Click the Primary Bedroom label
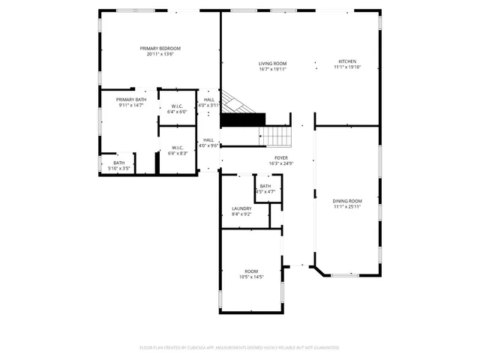pos(160,48)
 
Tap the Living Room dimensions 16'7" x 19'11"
pos(273,69)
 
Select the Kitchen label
pos(346,61)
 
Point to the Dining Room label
pos(347,200)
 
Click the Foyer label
pos(281,158)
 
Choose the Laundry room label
pos(241,208)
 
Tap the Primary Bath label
pos(130,100)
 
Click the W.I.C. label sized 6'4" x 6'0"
pos(178,106)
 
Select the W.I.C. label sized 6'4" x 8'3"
pos(178,148)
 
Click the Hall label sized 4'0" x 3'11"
pos(208,100)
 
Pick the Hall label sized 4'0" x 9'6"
pos(208,140)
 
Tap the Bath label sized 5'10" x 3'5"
pos(119,163)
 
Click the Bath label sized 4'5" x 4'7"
pos(265,186)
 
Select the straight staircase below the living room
pos(274,136)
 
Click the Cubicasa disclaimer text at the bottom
pos(240,347)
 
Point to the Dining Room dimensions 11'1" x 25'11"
pos(347,206)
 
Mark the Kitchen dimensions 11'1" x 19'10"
pos(346,67)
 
